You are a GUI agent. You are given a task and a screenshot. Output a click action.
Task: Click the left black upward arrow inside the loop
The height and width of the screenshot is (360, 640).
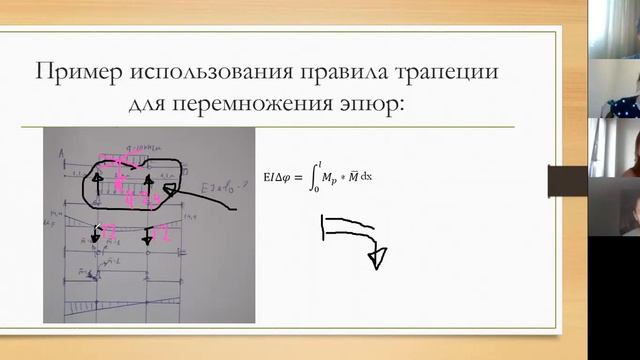(99, 186)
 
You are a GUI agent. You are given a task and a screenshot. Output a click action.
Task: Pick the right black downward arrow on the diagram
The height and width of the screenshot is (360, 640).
(147, 235)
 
